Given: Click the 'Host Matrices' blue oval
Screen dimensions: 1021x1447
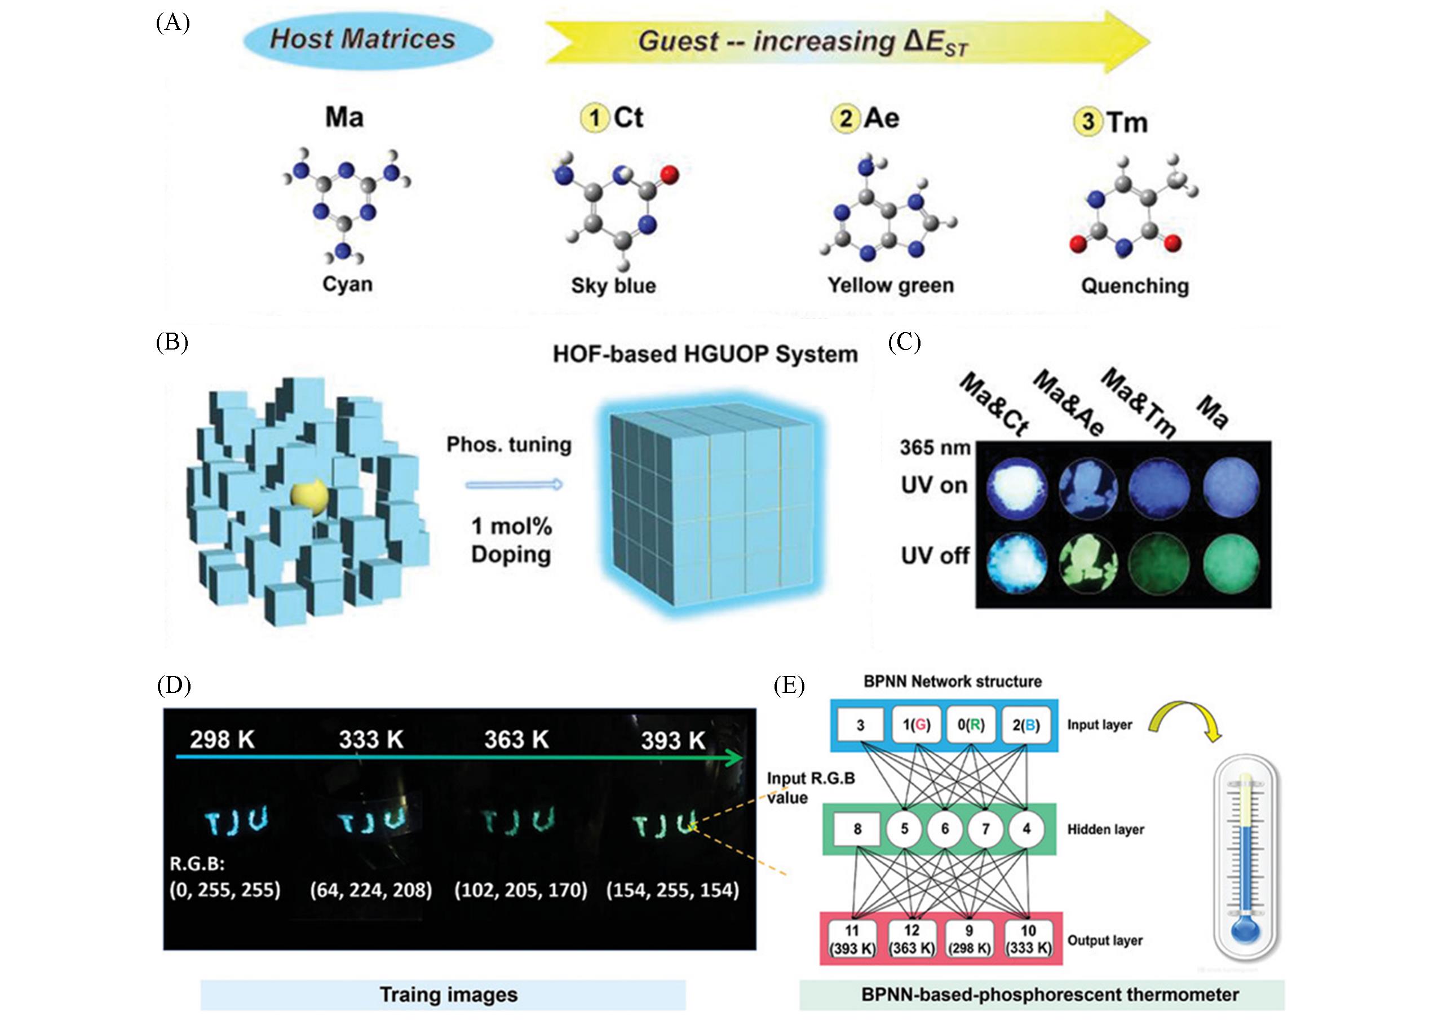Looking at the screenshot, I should [362, 39].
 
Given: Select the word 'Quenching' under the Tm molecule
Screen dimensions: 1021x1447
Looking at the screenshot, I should [1134, 286].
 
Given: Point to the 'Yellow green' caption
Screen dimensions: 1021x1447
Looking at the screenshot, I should [891, 285].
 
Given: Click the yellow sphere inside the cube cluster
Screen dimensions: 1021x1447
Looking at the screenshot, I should [309, 499].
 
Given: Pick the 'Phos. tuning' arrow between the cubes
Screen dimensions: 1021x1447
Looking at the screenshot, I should [514, 484].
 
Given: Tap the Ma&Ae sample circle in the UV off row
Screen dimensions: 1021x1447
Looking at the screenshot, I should [1088, 560].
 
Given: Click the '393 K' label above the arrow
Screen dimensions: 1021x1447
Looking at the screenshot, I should [672, 741].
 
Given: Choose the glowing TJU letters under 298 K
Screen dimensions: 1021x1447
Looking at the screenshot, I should [236, 822].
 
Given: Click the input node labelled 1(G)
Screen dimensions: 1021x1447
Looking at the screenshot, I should [915, 726].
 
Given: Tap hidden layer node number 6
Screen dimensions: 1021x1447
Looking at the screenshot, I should [945, 829].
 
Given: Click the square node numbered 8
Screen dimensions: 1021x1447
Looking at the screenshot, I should [857, 829].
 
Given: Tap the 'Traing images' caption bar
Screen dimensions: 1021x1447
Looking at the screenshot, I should [448, 995].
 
